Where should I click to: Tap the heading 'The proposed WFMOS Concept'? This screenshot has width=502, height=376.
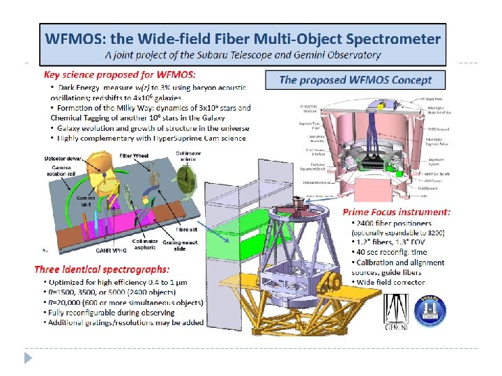(x=355, y=80)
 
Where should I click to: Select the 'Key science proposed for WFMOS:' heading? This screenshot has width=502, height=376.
(x=119, y=74)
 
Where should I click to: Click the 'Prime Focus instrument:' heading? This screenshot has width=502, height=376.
(x=396, y=212)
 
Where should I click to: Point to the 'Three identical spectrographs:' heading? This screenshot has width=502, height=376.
(x=105, y=269)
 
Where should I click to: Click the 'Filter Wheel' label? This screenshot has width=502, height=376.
(x=133, y=155)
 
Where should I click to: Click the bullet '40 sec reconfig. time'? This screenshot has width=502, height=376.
(x=393, y=252)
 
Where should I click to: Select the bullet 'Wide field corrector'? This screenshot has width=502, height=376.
(x=394, y=281)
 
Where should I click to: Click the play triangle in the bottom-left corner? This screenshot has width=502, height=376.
(x=28, y=357)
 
